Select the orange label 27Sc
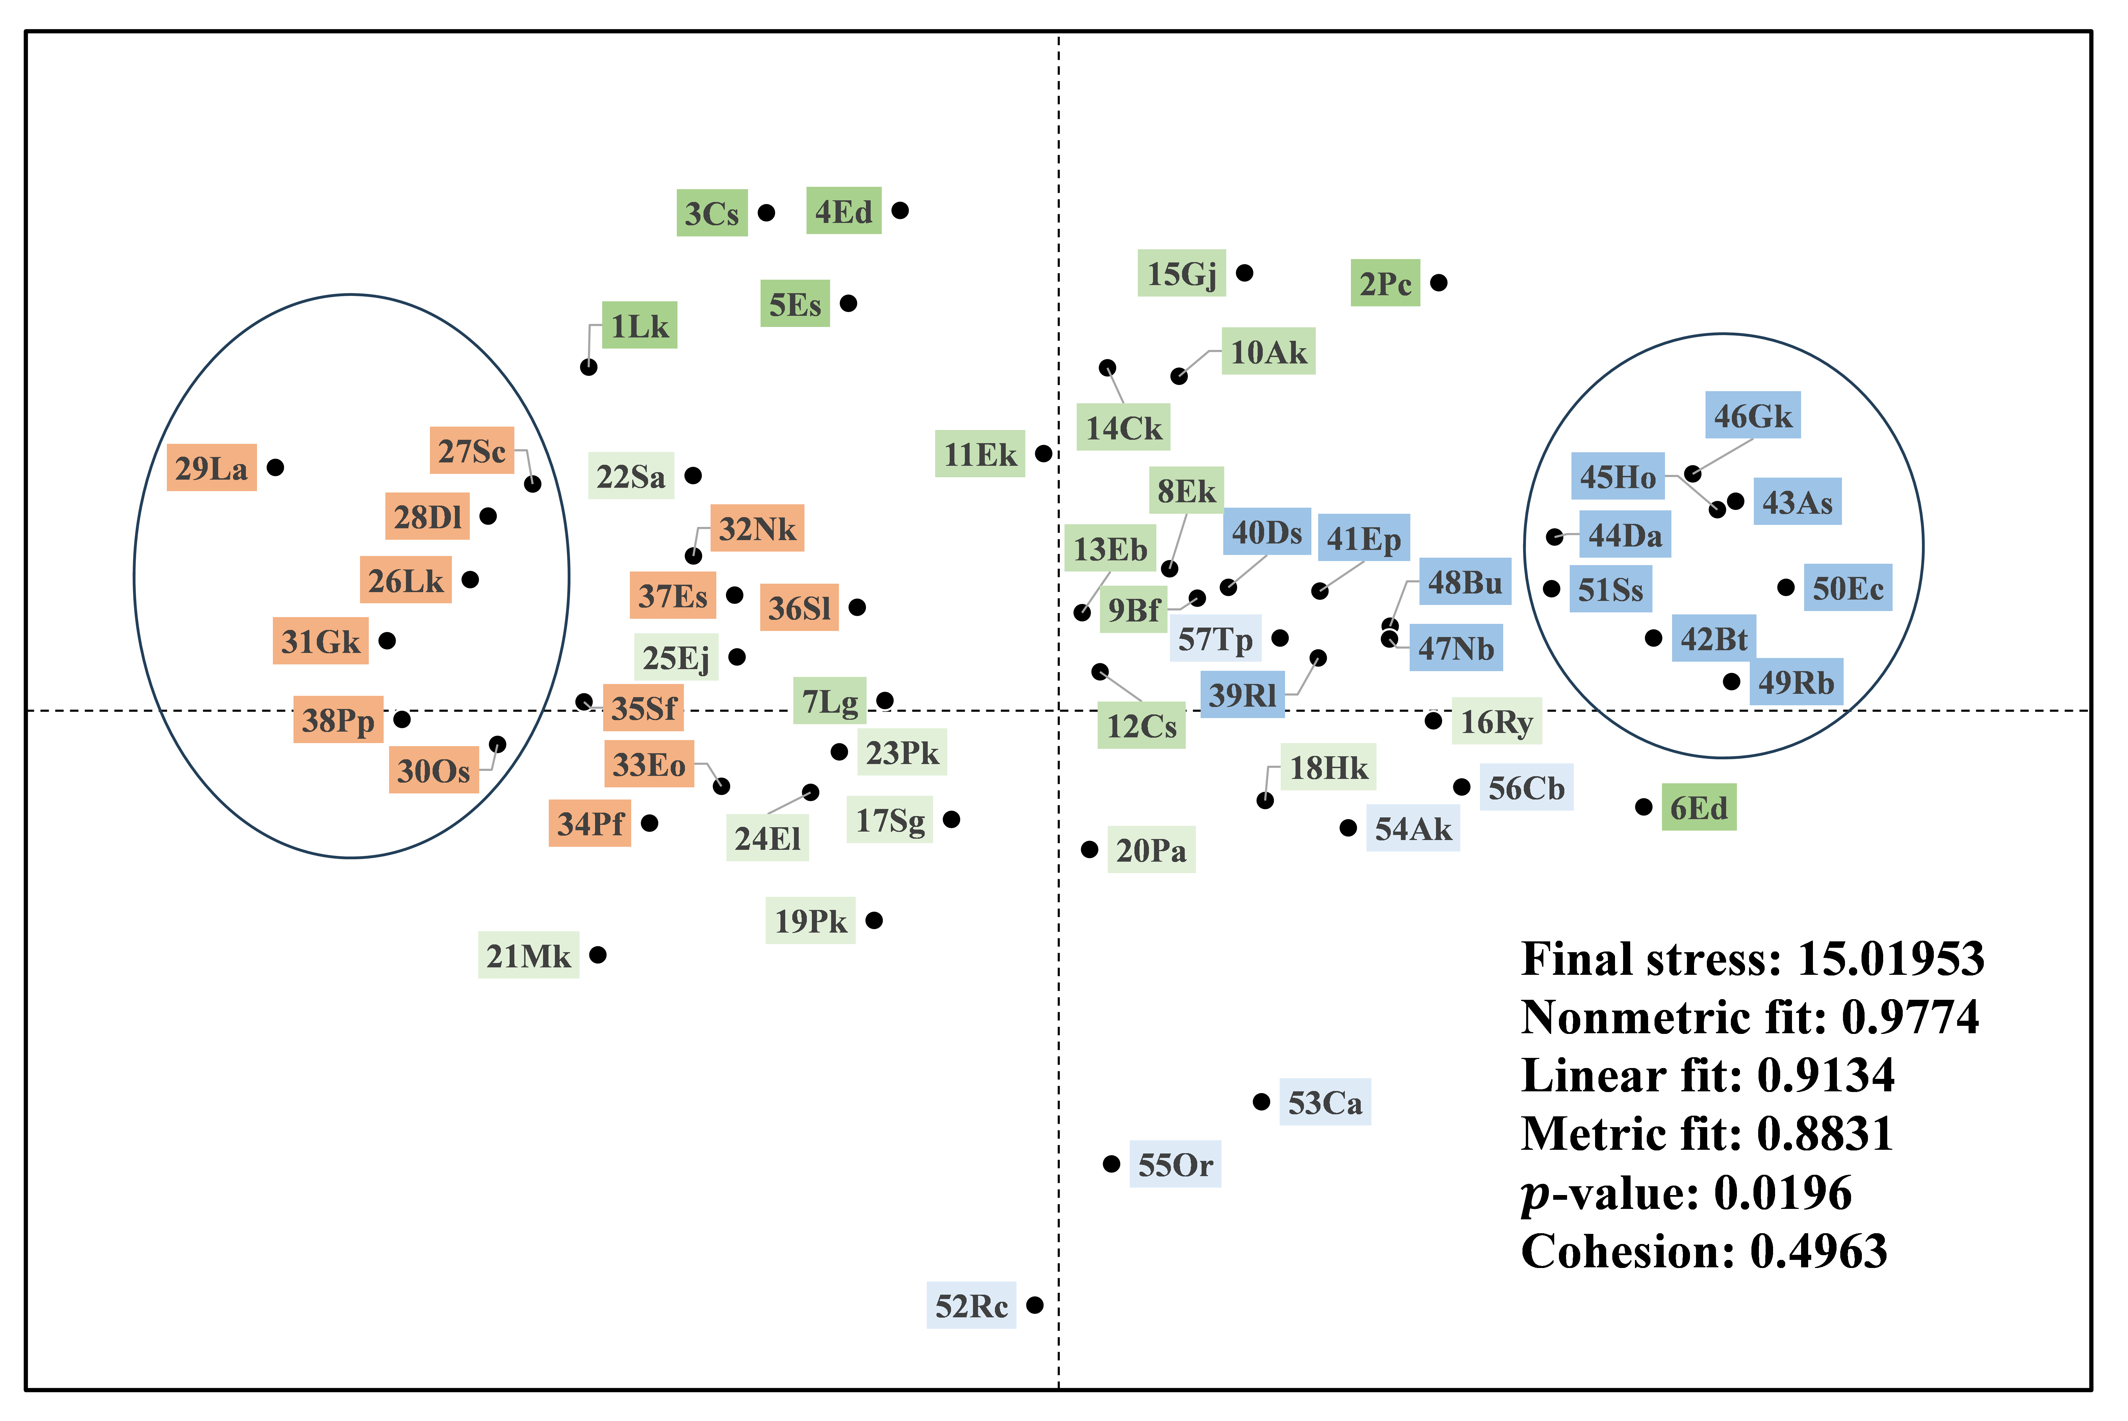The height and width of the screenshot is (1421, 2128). (471, 450)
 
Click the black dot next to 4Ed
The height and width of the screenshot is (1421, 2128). (900, 210)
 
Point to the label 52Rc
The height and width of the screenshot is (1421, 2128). (971, 1306)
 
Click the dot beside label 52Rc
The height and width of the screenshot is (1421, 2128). (1034, 1305)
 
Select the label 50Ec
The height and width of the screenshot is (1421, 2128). (1847, 588)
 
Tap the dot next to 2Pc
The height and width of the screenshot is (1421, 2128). (1439, 283)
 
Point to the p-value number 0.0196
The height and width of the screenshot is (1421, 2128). (1783, 1193)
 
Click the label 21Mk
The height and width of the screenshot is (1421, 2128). (528, 955)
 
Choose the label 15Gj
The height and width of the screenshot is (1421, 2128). (1181, 273)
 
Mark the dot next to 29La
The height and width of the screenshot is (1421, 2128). (275, 467)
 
